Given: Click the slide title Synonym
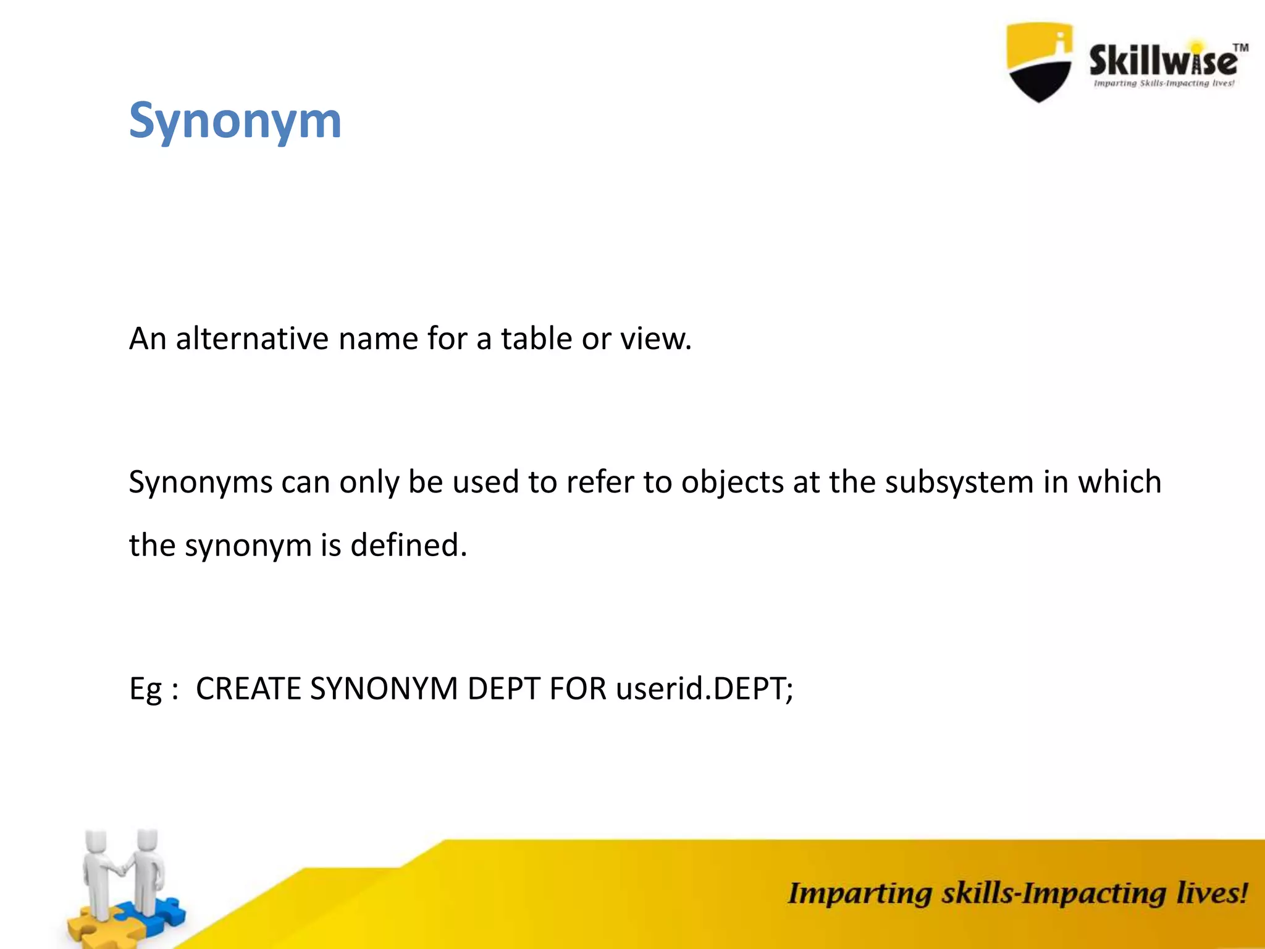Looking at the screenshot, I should [235, 121].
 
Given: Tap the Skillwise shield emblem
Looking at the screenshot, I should [1039, 62].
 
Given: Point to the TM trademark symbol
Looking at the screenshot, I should [1240, 48].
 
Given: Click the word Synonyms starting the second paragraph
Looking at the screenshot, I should [200, 483].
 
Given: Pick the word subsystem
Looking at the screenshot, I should [959, 483].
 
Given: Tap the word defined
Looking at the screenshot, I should [408, 546].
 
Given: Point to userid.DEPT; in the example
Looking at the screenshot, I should [704, 689].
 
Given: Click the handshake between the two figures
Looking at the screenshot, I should [122, 870].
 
